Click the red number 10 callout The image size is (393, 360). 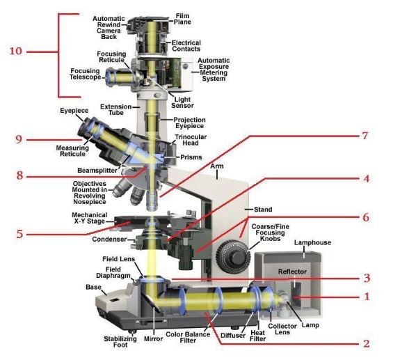coord(16,51)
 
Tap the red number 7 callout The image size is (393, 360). coord(365,136)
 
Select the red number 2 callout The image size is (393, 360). coord(367,343)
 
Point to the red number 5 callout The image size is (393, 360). coord(19,234)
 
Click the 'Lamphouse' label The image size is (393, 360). coord(312,242)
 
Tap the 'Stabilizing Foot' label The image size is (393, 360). coord(120,342)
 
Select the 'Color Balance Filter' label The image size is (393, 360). coord(188,338)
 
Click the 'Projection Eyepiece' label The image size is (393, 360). coord(189,123)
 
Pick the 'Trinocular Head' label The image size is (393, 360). coord(191,140)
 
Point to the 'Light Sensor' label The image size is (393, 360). coord(182,102)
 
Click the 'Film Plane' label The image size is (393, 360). coord(182,19)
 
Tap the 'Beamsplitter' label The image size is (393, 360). coord(97,171)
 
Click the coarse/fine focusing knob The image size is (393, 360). coord(233,256)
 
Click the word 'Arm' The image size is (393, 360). coord(217,166)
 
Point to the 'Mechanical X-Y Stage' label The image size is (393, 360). coord(90,218)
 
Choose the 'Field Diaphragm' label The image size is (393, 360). coord(113,272)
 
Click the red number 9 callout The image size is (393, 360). coord(19,139)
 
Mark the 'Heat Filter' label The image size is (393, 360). coord(258,336)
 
